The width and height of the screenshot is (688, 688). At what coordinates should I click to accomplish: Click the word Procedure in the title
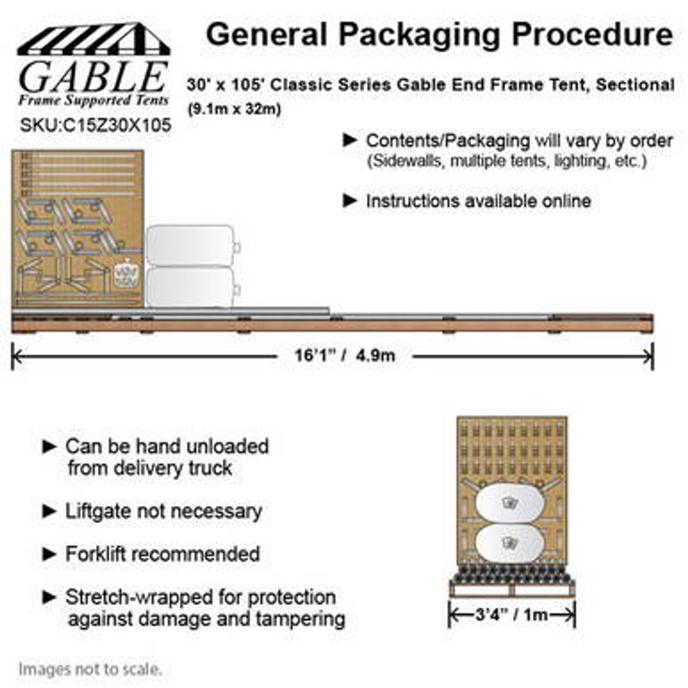coord(592,35)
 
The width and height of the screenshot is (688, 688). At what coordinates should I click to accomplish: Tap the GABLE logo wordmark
coord(93,77)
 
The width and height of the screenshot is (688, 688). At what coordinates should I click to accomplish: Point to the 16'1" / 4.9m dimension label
coord(345,355)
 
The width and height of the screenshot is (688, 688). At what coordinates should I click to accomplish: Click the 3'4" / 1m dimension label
coord(511,614)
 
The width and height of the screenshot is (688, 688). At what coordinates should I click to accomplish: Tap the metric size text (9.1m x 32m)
coord(234,109)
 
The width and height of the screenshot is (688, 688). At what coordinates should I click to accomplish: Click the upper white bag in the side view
coord(190,246)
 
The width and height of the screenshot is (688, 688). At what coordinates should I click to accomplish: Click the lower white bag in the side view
coord(190,287)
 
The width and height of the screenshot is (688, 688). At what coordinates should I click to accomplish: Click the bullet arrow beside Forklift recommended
coord(49,554)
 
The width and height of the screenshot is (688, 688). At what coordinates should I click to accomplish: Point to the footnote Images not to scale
coord(90,670)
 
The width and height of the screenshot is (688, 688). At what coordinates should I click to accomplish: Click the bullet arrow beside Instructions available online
coord(350,201)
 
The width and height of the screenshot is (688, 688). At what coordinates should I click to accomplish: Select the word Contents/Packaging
coord(448,141)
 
